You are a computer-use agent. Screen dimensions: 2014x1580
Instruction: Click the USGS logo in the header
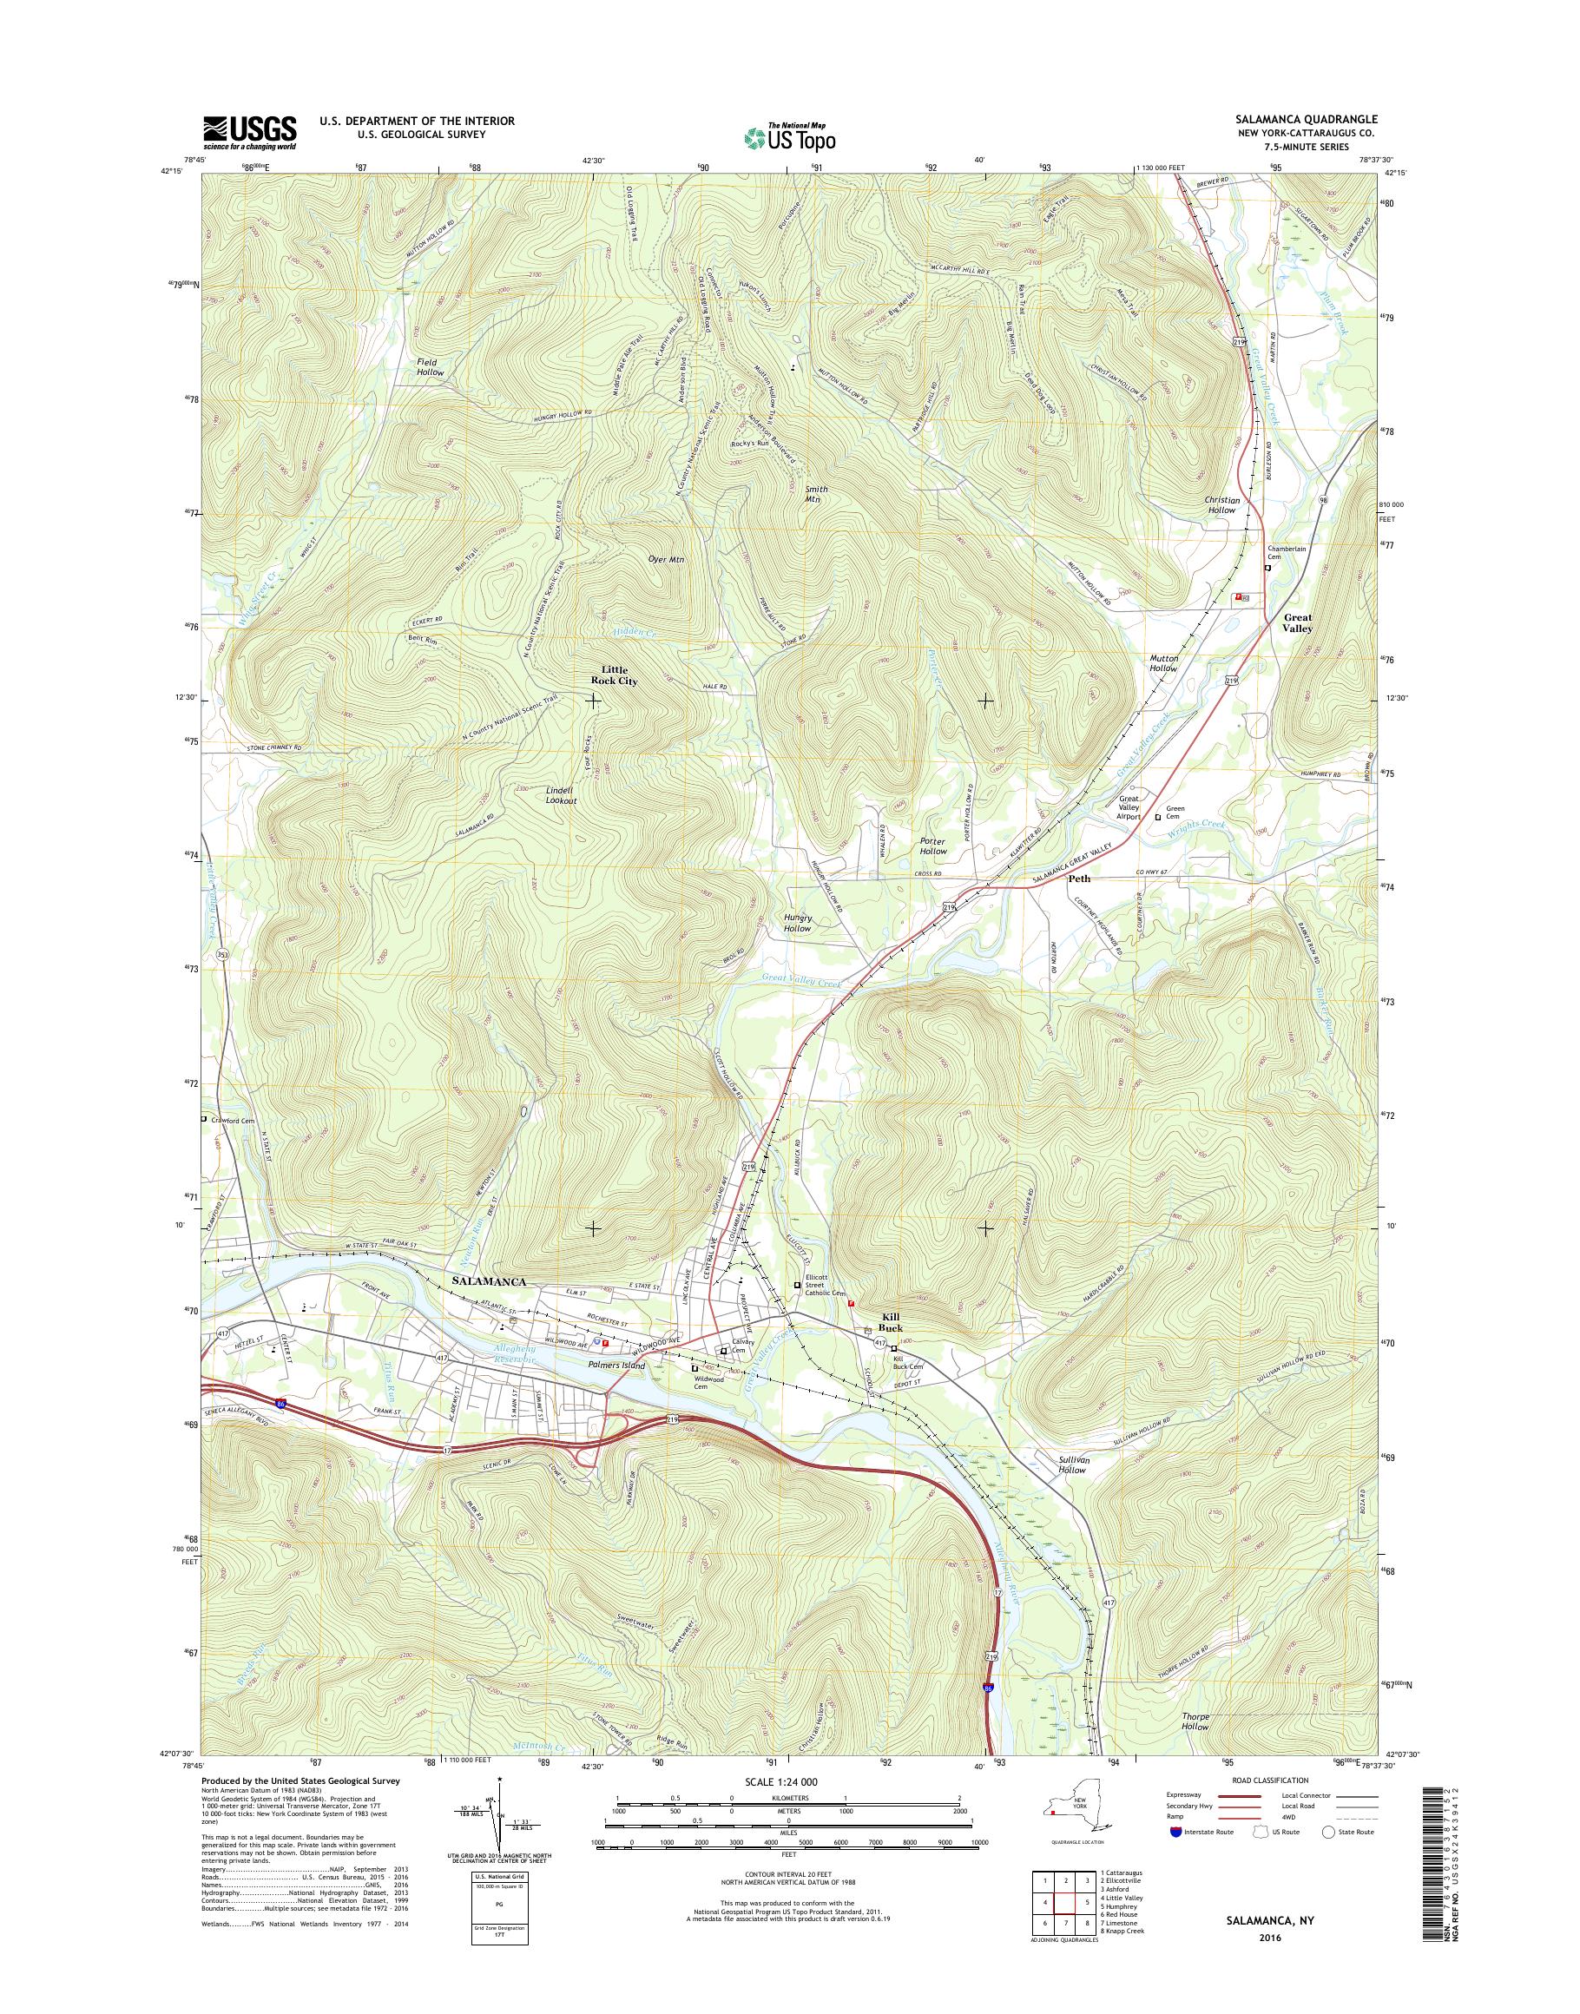coord(250,132)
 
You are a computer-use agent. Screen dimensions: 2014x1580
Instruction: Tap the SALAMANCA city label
coord(490,1281)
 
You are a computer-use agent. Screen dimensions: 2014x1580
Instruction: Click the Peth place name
coord(1078,879)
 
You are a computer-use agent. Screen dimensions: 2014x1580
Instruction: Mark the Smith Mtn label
coord(816,493)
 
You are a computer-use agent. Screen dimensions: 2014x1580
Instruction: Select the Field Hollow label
coord(429,366)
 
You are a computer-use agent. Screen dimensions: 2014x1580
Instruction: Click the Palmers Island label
coord(616,1365)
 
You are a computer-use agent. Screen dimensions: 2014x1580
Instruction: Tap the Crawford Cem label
coord(234,1119)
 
